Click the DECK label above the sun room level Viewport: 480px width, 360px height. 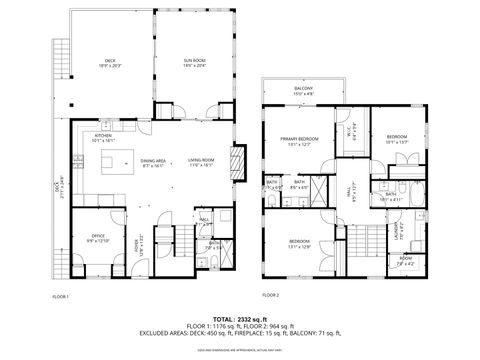(111, 63)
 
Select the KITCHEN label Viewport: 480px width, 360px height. (103, 138)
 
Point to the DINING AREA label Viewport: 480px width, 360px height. (153, 161)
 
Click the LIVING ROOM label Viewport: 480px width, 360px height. (202, 161)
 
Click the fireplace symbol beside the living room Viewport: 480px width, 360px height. (238, 164)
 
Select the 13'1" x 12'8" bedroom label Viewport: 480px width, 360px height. (300, 243)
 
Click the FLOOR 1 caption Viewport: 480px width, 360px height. (60, 296)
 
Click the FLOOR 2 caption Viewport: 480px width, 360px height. (271, 296)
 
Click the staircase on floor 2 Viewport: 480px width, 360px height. (361, 240)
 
